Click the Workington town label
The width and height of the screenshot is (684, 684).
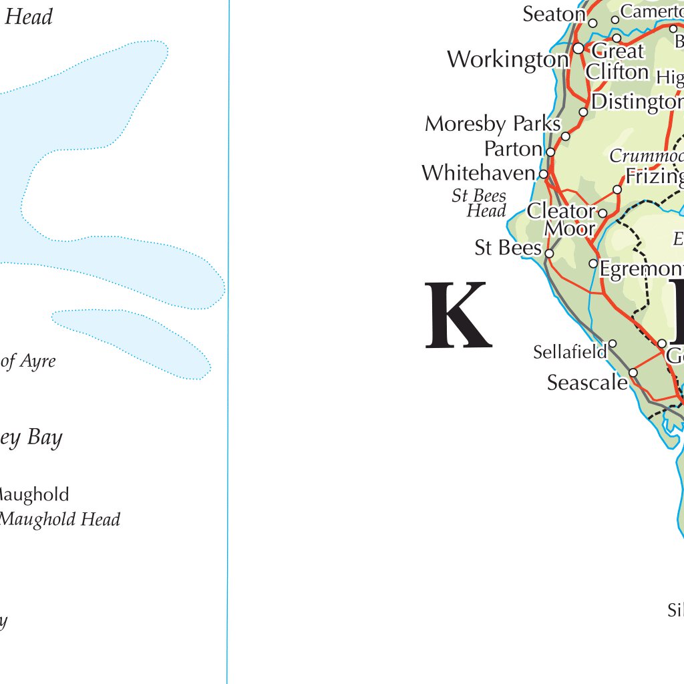(x=508, y=59)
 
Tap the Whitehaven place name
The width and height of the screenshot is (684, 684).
(x=478, y=174)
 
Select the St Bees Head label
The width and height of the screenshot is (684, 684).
(x=480, y=204)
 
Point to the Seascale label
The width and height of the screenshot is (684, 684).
(x=587, y=383)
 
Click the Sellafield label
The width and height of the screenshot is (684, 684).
(x=570, y=351)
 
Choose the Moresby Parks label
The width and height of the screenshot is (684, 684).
(x=492, y=124)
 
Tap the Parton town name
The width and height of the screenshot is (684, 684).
(x=512, y=148)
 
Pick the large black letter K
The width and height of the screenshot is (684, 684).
(x=458, y=316)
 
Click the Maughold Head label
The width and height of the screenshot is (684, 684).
(x=60, y=519)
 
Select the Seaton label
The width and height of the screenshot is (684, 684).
(x=554, y=14)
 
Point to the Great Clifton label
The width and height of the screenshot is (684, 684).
(x=617, y=61)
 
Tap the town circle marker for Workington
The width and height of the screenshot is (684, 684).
(x=578, y=48)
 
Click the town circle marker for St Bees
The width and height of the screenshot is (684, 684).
(x=549, y=253)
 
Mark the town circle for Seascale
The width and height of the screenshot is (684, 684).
(x=633, y=373)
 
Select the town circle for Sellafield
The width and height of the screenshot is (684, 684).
(x=612, y=344)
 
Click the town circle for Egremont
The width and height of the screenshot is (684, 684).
(x=593, y=264)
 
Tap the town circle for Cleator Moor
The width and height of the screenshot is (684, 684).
(x=603, y=213)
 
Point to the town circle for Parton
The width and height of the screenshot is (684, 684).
(x=550, y=152)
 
